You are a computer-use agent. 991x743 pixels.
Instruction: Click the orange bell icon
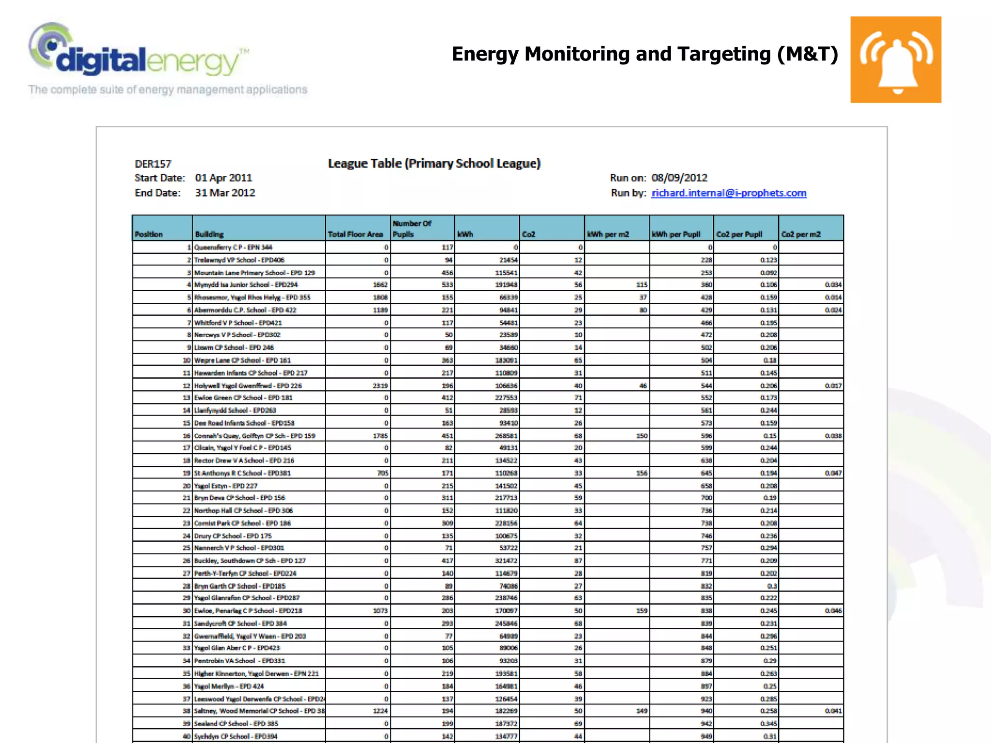click(896, 59)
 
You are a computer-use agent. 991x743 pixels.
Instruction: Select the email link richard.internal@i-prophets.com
click(729, 193)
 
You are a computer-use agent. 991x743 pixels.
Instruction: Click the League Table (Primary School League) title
click(434, 163)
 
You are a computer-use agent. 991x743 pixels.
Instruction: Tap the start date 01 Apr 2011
click(224, 178)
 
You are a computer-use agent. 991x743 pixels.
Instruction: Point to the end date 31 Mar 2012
click(225, 193)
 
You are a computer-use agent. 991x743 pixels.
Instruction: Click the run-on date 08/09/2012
click(679, 178)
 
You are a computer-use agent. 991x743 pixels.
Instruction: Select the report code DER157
click(153, 164)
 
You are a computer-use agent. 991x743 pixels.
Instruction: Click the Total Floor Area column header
click(356, 234)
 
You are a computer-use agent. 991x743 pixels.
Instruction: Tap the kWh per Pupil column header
click(676, 234)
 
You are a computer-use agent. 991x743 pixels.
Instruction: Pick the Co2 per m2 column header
click(801, 234)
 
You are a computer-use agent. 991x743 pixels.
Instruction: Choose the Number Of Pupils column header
click(412, 228)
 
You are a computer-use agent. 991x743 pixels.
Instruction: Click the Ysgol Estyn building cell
click(225, 486)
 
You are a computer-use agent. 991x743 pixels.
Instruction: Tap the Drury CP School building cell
click(233, 536)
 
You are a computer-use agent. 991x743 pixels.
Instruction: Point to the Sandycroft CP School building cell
click(240, 624)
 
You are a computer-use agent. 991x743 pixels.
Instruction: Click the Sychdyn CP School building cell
click(236, 736)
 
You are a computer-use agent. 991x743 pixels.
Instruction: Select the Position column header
click(149, 234)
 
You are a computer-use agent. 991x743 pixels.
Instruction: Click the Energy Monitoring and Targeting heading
click(645, 54)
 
